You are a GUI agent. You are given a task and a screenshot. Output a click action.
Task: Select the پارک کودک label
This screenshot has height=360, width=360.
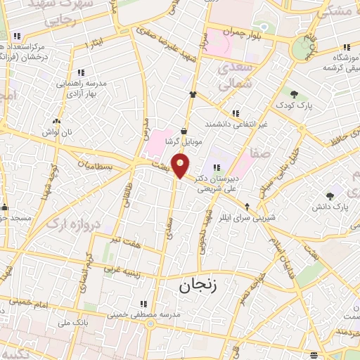tap(293, 105)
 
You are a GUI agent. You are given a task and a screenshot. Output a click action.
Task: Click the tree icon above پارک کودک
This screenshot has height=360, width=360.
tap(293, 94)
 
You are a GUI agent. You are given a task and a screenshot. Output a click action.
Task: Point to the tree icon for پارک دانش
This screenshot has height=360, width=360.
tap(330, 195)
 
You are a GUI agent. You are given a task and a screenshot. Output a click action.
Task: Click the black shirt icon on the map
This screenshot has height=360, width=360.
tap(192, 94)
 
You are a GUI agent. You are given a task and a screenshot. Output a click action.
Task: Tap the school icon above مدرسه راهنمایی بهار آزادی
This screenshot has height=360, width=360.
tap(81, 72)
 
